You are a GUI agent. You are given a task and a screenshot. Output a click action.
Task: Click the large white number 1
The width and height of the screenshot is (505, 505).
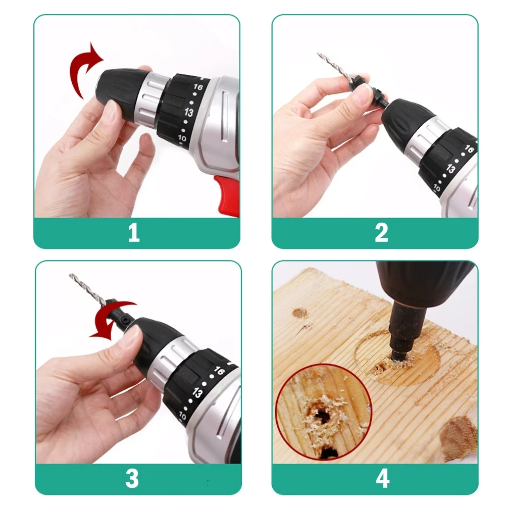point(134,232)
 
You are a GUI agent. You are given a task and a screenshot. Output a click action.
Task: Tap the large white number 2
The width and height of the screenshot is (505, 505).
point(382,232)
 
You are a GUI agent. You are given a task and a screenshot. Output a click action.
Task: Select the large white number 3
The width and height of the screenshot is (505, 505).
point(132,478)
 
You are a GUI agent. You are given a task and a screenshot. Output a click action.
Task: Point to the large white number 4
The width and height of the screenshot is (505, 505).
point(383,478)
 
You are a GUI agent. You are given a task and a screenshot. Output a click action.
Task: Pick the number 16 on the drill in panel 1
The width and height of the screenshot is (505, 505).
point(198,87)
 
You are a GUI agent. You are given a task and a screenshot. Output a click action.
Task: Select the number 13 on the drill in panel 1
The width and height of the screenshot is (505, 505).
point(189,112)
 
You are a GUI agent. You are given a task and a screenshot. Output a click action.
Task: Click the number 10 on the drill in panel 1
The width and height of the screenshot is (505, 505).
point(182,138)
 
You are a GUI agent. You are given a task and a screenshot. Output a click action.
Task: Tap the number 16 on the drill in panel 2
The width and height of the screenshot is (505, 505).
point(469,149)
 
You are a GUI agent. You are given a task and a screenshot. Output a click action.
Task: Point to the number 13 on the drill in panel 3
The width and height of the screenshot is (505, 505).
point(197,393)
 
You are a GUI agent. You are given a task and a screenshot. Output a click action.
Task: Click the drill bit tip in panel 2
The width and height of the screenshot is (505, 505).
point(318,53)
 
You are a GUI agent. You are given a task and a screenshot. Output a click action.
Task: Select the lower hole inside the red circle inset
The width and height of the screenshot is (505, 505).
point(329,452)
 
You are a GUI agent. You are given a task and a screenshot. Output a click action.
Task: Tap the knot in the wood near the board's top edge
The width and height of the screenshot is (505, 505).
point(300,313)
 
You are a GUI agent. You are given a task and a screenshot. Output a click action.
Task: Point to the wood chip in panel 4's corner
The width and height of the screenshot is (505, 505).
point(459,436)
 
